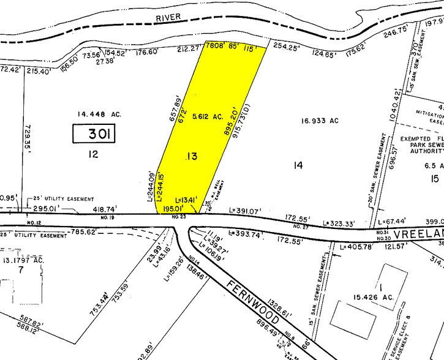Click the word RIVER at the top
coord(168,17)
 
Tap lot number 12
coord(93,155)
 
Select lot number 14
coord(298,164)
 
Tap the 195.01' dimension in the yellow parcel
coord(176,209)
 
